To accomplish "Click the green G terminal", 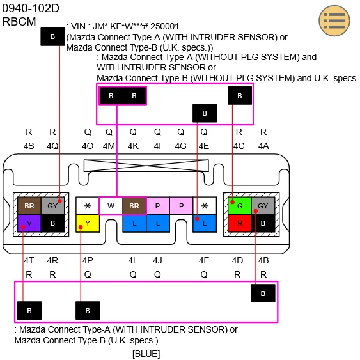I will (239, 206).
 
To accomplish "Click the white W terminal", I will (110, 206).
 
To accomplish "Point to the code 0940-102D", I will (31, 9).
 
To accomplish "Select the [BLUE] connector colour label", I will (146, 354).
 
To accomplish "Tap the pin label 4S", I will (29, 146).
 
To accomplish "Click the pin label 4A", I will (263, 146).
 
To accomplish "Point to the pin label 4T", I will (29, 260).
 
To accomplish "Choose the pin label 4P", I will (88, 260).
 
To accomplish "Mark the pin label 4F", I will (204, 260).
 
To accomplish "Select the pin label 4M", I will (109, 146).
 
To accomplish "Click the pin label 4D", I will (238, 260).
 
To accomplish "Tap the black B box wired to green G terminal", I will (240, 95).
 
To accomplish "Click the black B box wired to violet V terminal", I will (29, 311).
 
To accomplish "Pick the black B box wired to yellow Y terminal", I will (88, 311).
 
